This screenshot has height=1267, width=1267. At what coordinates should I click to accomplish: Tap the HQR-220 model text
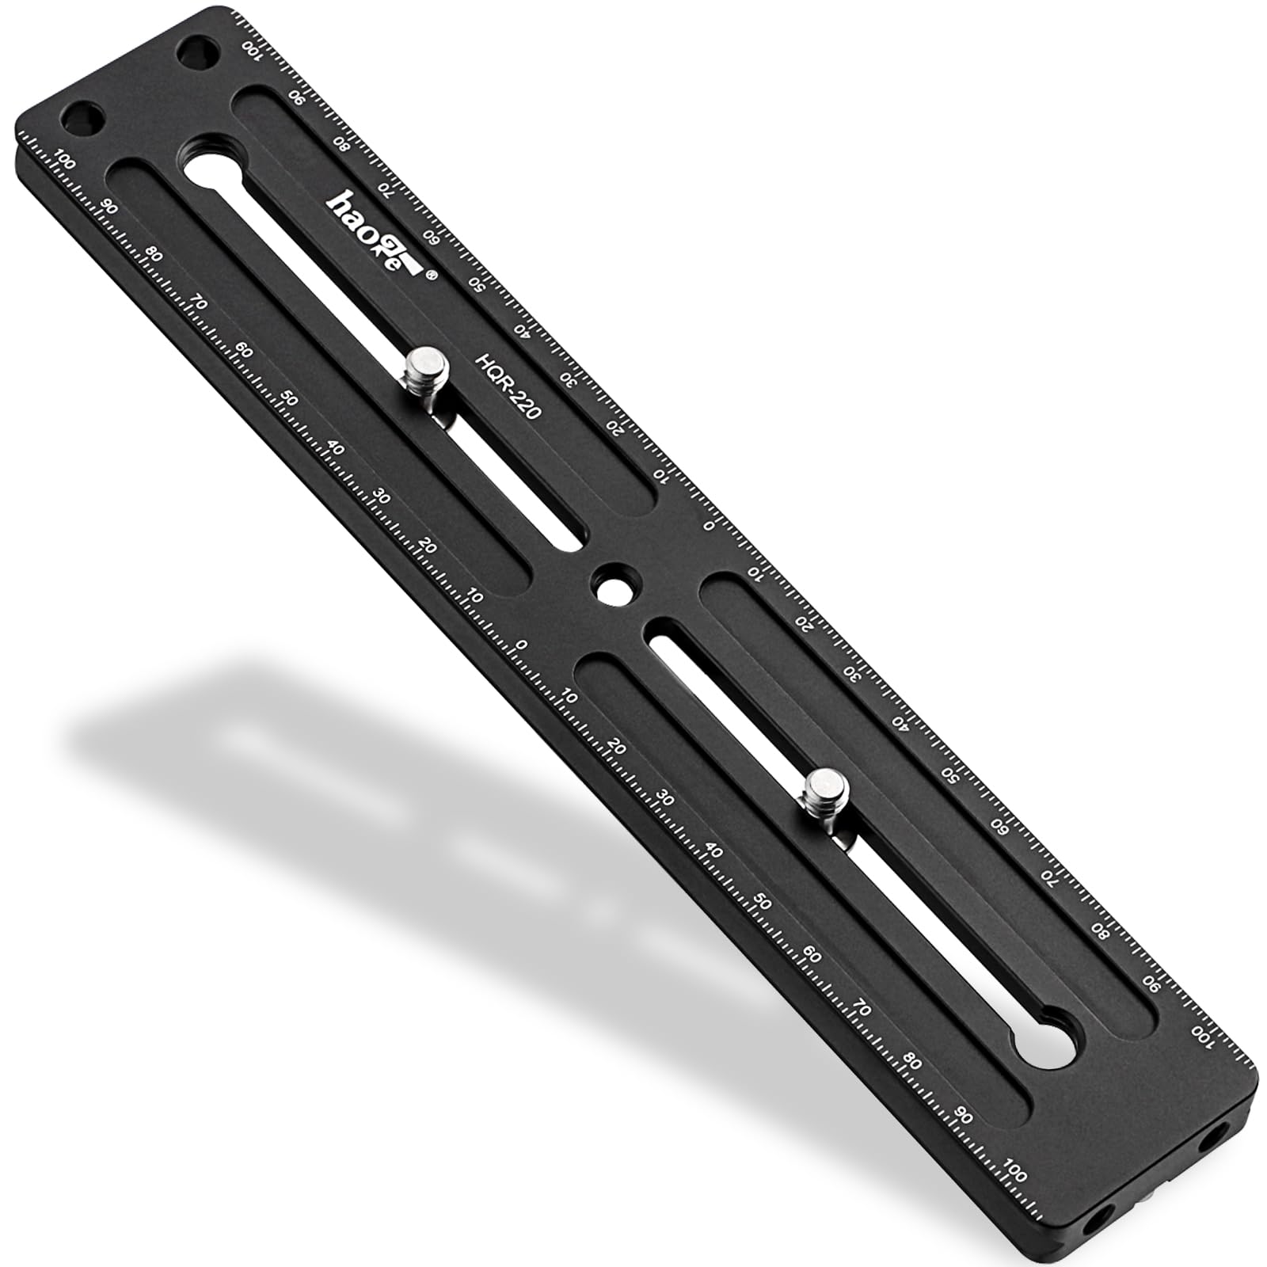[x=508, y=386]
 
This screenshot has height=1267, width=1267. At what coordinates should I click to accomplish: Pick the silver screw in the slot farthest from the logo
[x=826, y=793]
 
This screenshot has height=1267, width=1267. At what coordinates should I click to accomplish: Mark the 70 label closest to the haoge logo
[x=386, y=188]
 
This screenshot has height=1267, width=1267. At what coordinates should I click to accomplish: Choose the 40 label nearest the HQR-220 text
[x=522, y=330]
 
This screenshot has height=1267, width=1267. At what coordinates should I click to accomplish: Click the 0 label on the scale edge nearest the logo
[x=710, y=524]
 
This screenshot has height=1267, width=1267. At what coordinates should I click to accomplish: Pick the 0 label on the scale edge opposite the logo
[x=521, y=645]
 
